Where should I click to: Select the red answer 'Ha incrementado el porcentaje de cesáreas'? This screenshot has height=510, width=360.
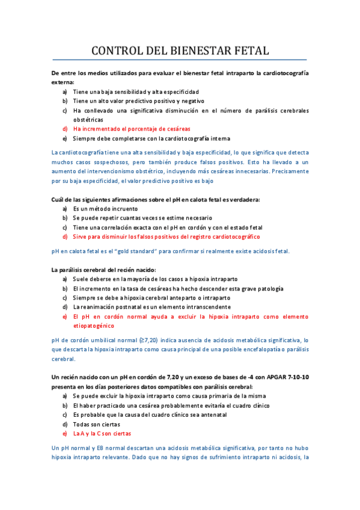(x=132, y=129)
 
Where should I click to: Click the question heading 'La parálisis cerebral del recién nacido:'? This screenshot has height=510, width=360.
(x=104, y=269)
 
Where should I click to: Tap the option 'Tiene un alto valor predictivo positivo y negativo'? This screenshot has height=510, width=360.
(x=139, y=101)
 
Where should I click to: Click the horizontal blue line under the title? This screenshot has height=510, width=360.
(x=180, y=60)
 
